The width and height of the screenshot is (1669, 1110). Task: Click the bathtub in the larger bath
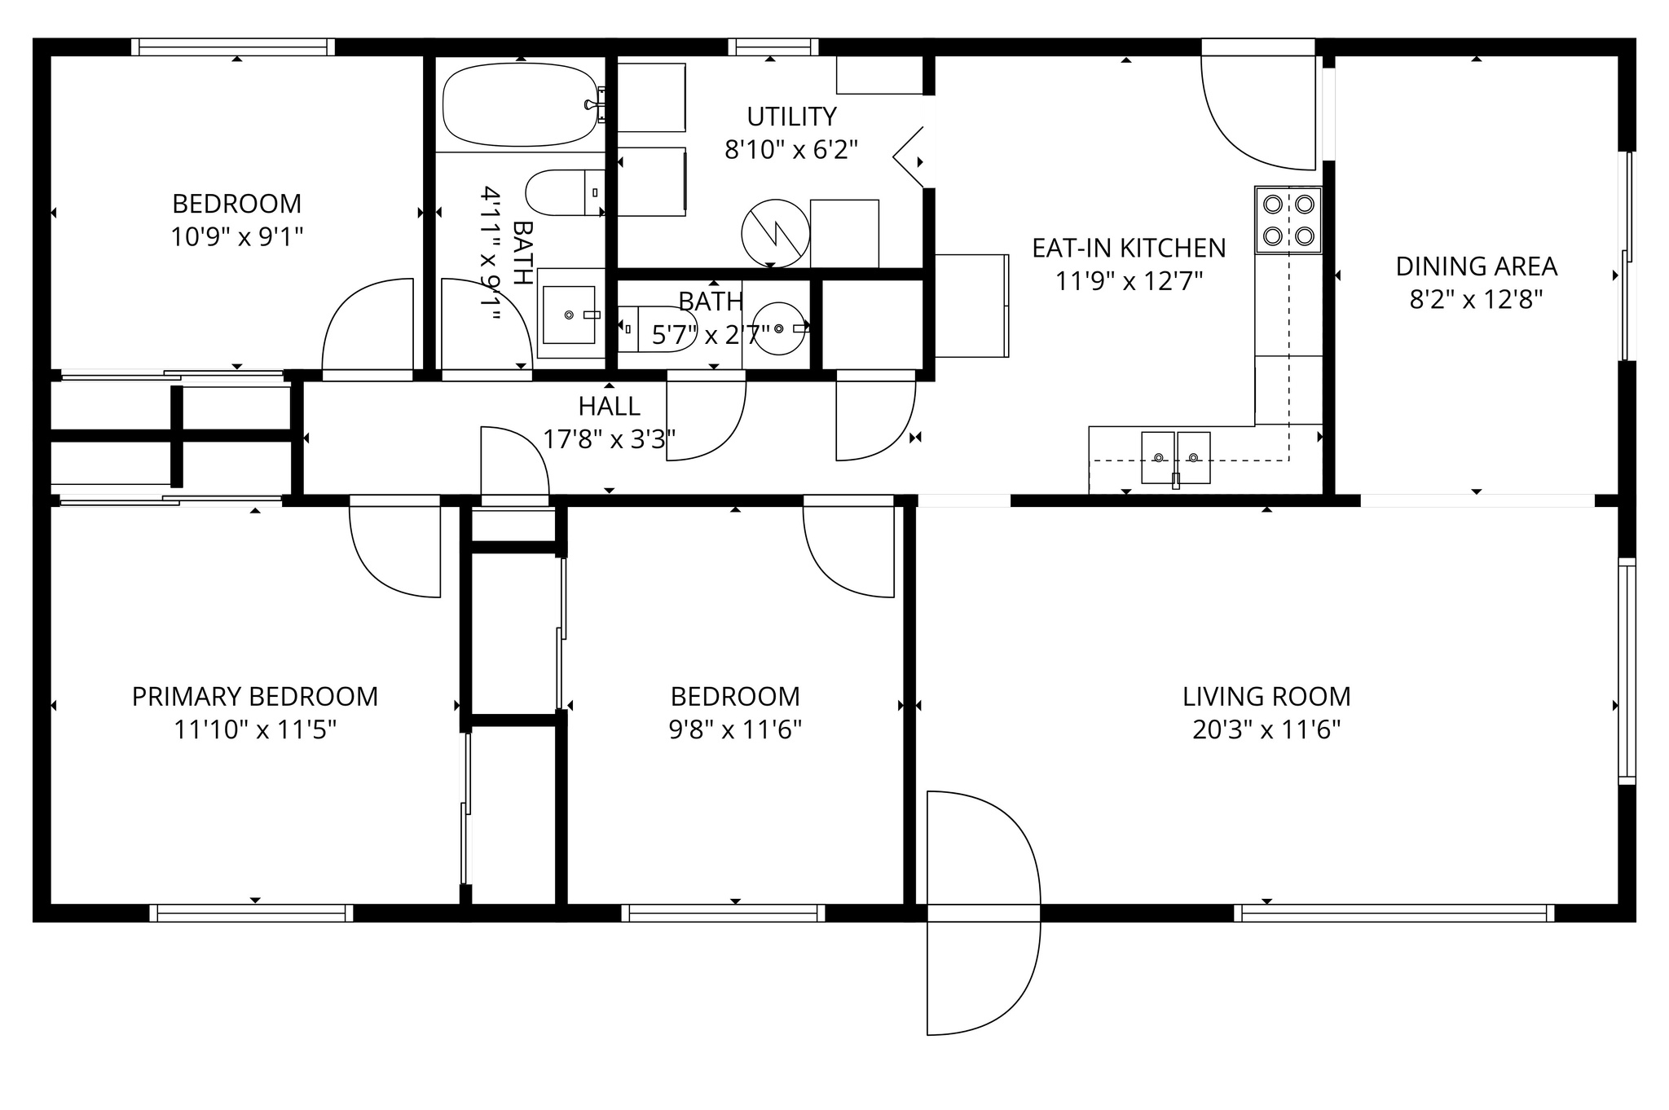pyautogui.click(x=519, y=104)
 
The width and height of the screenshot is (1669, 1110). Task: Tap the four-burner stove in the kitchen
pyautogui.click(x=1288, y=220)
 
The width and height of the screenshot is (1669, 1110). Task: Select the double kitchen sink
pyautogui.click(x=1175, y=457)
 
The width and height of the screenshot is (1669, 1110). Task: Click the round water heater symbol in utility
pyautogui.click(x=775, y=233)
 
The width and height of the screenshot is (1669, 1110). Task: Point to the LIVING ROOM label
pyautogui.click(x=1266, y=697)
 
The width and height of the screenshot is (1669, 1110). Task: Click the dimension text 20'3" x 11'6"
pyautogui.click(x=1266, y=729)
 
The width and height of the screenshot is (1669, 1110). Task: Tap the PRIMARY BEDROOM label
pyautogui.click(x=255, y=697)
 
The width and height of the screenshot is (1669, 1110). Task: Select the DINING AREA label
pyautogui.click(x=1476, y=266)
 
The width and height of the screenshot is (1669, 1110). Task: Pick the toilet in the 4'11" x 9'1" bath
pyautogui.click(x=562, y=192)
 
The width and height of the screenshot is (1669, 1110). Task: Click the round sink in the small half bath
pyautogui.click(x=779, y=328)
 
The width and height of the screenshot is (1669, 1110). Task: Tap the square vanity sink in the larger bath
pyautogui.click(x=569, y=314)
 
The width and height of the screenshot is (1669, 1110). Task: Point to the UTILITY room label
pyautogui.click(x=791, y=117)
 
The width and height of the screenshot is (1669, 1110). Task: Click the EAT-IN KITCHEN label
pyautogui.click(x=1129, y=248)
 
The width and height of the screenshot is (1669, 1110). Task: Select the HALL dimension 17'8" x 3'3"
pyautogui.click(x=609, y=439)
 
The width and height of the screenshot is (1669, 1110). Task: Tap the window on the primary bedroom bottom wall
pyautogui.click(x=252, y=913)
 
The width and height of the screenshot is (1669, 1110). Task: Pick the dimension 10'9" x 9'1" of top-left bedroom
pyautogui.click(x=236, y=237)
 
